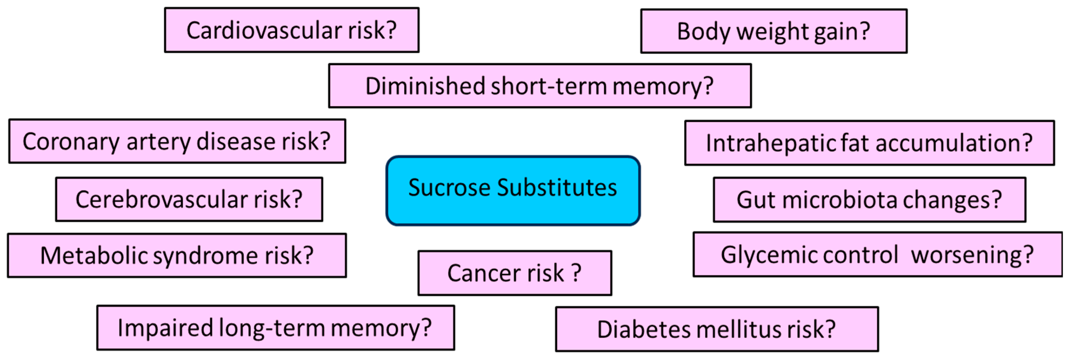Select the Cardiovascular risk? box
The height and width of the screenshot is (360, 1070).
pos(292,30)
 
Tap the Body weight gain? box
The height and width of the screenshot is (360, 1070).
pos(773,32)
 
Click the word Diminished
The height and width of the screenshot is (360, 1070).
pos(425,86)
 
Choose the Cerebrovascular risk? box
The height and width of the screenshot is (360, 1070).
pos(189,200)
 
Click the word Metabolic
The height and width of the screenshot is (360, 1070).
pos(94,256)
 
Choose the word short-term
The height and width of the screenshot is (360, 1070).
pos(548,86)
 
